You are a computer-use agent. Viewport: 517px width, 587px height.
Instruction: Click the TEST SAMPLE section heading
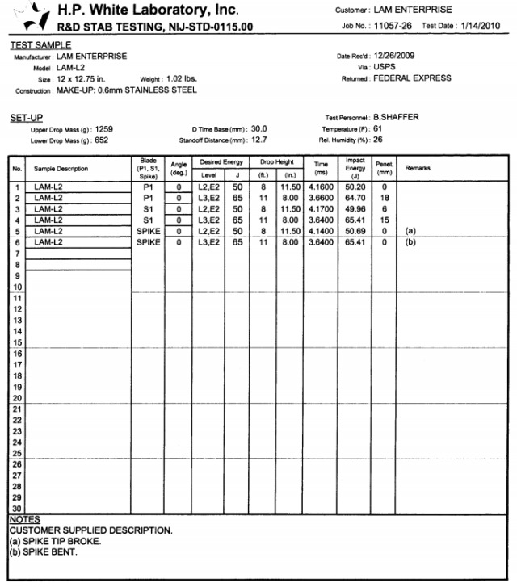(40, 45)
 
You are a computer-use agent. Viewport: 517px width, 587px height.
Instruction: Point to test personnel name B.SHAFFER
(396, 118)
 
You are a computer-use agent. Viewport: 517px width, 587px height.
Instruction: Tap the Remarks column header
(418, 168)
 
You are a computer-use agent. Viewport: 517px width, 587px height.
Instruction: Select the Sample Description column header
(61, 169)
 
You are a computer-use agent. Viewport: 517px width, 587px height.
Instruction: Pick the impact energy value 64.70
(355, 198)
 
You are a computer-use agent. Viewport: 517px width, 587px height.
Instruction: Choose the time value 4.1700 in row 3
(320, 208)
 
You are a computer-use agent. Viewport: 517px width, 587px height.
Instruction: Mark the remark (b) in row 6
(410, 242)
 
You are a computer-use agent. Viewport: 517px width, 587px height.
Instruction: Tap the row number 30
(16, 508)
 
